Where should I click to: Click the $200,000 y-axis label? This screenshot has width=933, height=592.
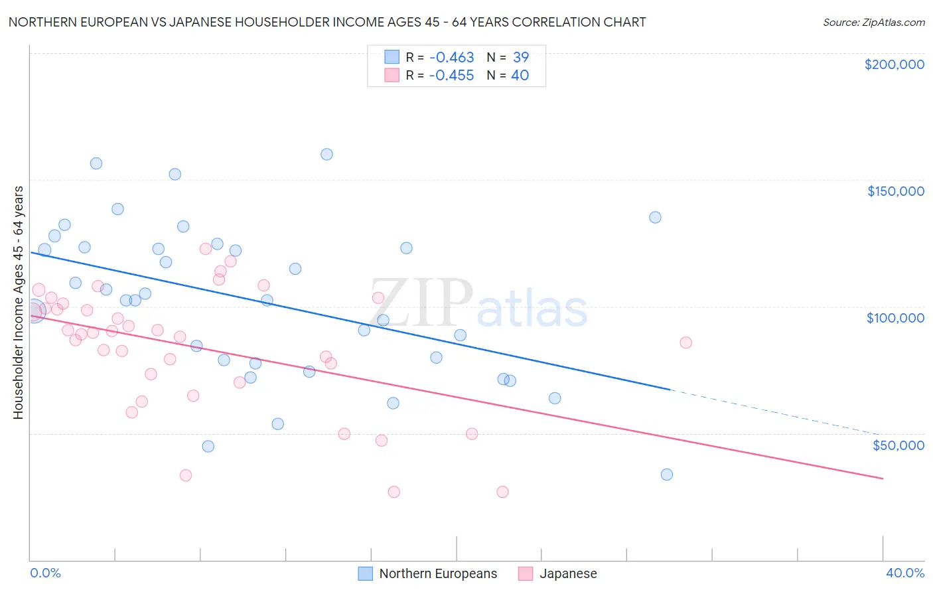[x=894, y=64]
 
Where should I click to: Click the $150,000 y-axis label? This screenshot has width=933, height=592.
[x=895, y=191]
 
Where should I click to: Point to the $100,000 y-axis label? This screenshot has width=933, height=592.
[x=895, y=318]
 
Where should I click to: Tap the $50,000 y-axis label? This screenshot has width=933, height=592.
[x=898, y=445]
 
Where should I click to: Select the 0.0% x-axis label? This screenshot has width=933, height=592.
[x=45, y=573]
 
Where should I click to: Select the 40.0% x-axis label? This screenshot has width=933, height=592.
[x=904, y=573]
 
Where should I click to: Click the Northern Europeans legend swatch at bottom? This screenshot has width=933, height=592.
[x=365, y=573]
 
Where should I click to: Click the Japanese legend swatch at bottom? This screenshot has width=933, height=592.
[x=526, y=573]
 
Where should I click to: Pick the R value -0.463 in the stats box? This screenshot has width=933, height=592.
[x=451, y=58]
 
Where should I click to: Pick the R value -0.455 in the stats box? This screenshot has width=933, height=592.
[x=451, y=76]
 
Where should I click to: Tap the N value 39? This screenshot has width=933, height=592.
[x=520, y=58]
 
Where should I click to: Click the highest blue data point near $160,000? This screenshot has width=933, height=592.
[x=326, y=154]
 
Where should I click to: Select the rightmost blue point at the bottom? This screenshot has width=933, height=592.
[x=667, y=475]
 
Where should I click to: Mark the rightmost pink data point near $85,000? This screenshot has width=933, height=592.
[x=685, y=342]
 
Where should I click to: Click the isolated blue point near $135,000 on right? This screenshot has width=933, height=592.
[x=655, y=217]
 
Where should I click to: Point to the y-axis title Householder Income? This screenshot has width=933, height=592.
[x=18, y=302]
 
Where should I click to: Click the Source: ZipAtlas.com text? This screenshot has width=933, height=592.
[x=873, y=23]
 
